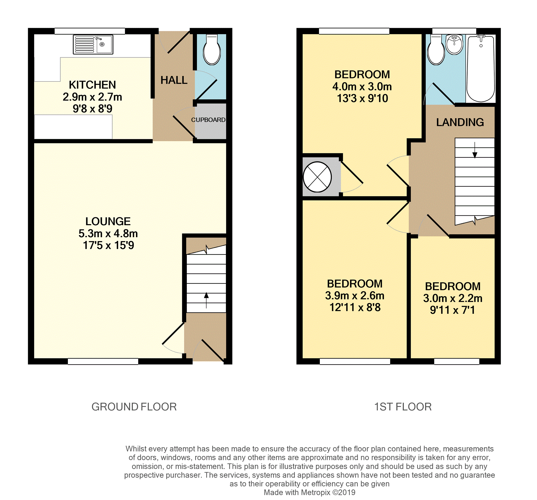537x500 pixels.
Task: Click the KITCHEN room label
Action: (x=92, y=85)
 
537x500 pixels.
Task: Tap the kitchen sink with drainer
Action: (x=93, y=45)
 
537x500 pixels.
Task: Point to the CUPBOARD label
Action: (x=208, y=120)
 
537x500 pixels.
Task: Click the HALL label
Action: (x=174, y=80)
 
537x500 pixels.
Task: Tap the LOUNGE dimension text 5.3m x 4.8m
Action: (x=108, y=233)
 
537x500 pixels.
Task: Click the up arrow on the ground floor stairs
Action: (x=206, y=300)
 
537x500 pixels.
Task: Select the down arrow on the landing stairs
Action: (x=475, y=150)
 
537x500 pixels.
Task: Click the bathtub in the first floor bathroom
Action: (x=481, y=69)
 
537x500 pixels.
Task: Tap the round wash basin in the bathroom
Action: (x=455, y=44)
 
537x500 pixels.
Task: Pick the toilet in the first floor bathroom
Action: (x=436, y=50)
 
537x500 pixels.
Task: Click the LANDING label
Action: (x=460, y=122)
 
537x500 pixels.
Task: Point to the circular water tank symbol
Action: (x=317, y=177)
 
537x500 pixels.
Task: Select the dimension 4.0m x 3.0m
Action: (x=362, y=87)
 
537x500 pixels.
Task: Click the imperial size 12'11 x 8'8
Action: (x=355, y=307)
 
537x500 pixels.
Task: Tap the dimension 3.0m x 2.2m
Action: (x=453, y=298)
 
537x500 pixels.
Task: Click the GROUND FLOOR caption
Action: (x=134, y=407)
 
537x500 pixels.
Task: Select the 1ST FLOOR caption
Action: (x=403, y=407)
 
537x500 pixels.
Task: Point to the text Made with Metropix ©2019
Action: (x=309, y=492)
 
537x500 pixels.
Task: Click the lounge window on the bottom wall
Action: (x=103, y=362)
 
